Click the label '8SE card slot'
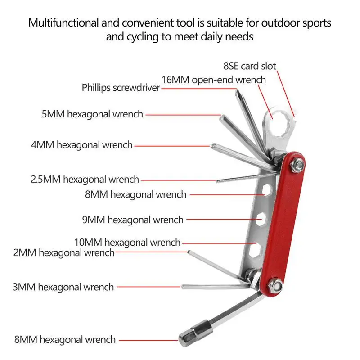click(x=250, y=66)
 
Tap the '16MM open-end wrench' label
click(x=213, y=80)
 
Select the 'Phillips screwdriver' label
click(x=121, y=87)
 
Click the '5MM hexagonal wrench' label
click(x=92, y=114)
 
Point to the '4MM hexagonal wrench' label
click(x=82, y=145)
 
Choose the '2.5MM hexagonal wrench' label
click(x=85, y=179)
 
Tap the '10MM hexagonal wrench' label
click(x=127, y=242)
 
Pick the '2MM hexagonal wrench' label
click(x=64, y=252)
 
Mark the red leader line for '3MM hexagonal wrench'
click(x=148, y=287)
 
